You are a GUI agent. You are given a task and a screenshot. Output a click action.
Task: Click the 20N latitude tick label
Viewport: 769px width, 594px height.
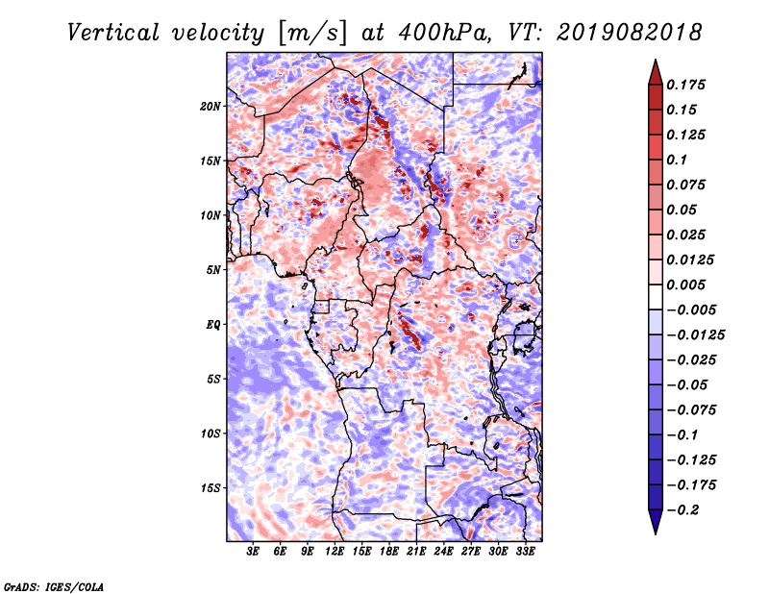(x=210, y=107)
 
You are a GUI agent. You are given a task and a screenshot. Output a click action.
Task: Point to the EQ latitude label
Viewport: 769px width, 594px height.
(x=212, y=325)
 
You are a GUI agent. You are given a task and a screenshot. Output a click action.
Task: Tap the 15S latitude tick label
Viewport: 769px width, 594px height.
(x=210, y=488)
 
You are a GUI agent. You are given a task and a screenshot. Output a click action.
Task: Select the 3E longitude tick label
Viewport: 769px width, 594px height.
(x=253, y=551)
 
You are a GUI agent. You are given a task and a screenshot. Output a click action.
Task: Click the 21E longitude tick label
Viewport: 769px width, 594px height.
(x=416, y=551)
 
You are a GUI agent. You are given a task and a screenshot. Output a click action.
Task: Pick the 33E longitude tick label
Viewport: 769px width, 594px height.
(x=525, y=551)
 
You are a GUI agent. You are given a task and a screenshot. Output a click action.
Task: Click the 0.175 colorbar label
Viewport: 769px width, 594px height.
(x=685, y=85)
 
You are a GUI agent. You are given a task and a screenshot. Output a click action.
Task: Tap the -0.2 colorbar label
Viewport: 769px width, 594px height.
(x=682, y=510)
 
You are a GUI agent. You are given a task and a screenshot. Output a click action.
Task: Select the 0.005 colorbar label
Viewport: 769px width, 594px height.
(x=685, y=285)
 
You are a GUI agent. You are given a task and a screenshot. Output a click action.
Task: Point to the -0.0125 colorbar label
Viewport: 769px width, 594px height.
(x=695, y=335)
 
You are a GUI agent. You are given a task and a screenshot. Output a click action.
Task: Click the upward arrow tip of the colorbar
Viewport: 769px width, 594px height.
(x=656, y=60)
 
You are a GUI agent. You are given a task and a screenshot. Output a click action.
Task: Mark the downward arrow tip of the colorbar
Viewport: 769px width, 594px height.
(x=656, y=533)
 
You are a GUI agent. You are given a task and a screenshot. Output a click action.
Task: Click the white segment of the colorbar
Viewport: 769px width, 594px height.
(x=656, y=297)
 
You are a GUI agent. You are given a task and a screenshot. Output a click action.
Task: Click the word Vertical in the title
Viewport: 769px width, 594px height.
(x=113, y=33)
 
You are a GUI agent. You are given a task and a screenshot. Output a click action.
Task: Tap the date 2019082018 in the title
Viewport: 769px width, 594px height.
(x=630, y=33)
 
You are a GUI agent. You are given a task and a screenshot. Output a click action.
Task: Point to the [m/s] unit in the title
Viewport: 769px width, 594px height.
(x=311, y=34)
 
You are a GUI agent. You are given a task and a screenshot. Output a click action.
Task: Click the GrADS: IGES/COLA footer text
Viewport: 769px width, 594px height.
(x=54, y=587)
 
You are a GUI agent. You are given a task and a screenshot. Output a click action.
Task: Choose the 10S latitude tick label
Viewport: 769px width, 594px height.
(x=210, y=433)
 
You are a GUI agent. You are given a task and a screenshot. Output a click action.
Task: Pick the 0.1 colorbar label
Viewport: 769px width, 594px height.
(x=677, y=160)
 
